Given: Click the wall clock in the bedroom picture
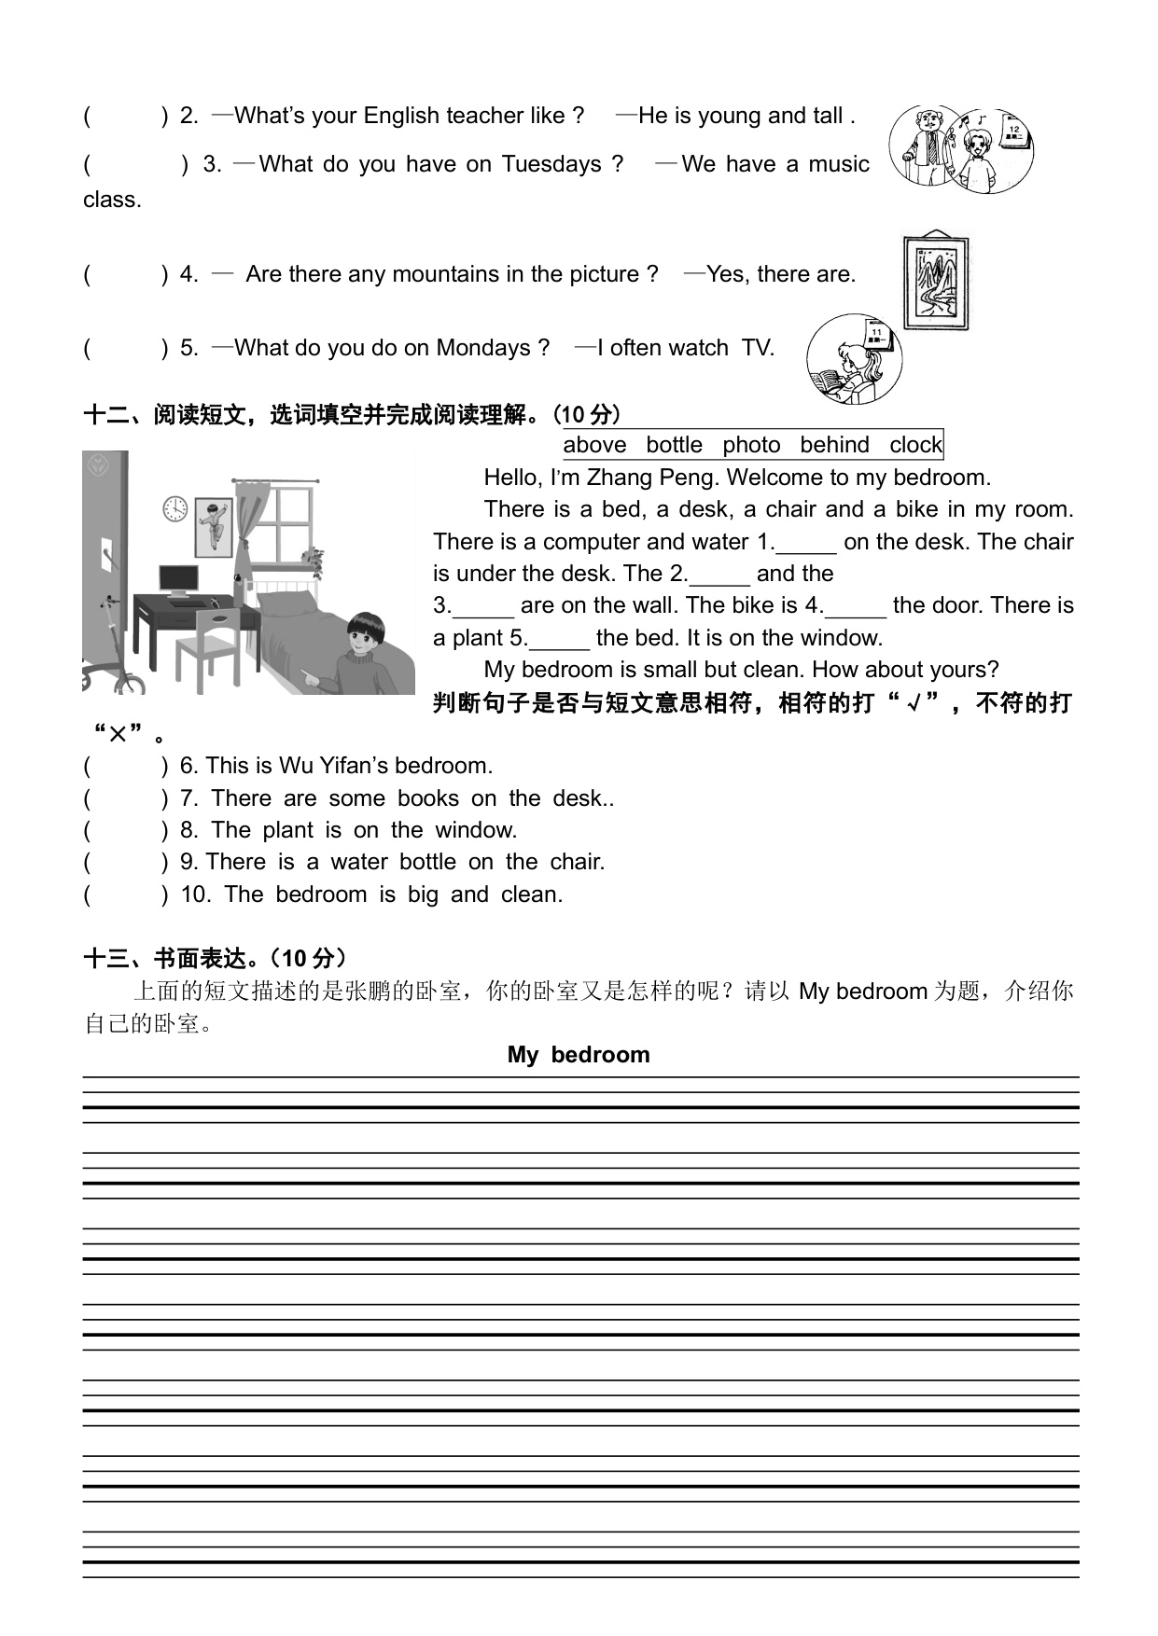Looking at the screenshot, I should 175,508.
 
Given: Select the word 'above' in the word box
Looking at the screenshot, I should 594,445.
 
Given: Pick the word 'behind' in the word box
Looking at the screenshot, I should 834,445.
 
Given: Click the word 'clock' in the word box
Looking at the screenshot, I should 915,445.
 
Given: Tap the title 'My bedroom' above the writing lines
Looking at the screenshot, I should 579,1055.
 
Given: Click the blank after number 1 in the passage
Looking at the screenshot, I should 806,543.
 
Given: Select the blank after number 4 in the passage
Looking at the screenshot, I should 856,606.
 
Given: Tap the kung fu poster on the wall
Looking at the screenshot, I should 214,527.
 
